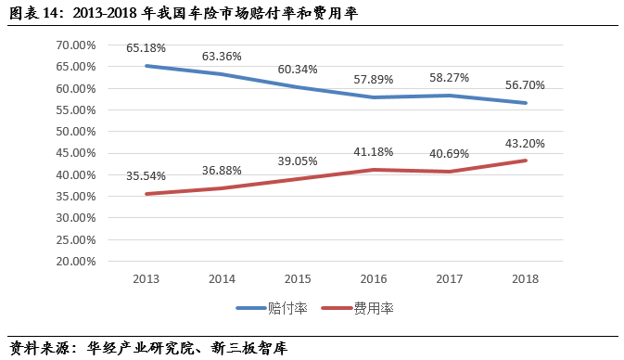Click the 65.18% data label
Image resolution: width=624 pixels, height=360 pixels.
coord(146,48)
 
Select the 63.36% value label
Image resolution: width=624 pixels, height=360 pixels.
coord(222,57)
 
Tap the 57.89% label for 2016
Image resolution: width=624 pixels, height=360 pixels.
coord(374,79)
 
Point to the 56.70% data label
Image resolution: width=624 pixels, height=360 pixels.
coord(525,84)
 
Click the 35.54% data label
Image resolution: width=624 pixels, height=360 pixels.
coord(146,175)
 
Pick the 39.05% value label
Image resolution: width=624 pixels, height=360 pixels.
coord(298,161)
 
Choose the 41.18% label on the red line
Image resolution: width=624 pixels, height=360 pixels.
coord(374,152)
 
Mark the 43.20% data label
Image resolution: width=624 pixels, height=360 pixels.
coord(525,144)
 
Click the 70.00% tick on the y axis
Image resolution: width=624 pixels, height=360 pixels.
coord(76,45)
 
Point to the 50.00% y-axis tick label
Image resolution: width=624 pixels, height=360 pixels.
coord(76,132)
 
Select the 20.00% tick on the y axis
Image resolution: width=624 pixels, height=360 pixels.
coord(76,262)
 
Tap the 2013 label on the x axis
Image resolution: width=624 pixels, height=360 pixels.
coord(146,278)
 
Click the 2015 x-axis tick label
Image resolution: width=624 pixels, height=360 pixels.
coord(298,278)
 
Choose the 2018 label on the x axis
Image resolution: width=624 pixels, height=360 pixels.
coord(525,278)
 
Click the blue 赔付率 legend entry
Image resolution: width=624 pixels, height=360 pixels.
coord(272,308)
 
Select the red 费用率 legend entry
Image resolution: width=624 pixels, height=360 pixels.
coord(357,308)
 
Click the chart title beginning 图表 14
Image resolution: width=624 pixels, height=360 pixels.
coord(184,13)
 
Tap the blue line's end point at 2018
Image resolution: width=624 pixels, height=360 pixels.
coord(526,103)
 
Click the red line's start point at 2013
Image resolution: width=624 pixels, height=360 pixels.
coord(146,194)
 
